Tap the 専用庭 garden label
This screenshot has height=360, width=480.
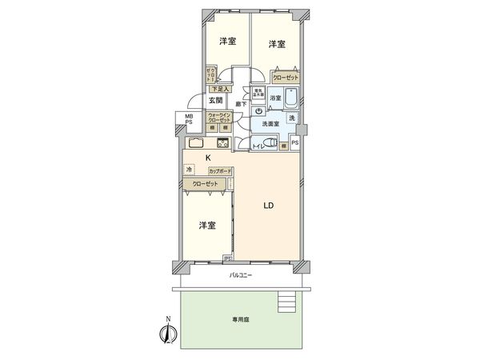242,318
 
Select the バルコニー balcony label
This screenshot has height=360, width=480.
241,275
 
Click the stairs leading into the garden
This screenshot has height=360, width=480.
285,302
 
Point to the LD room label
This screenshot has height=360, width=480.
270,205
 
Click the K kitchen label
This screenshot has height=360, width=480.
208,158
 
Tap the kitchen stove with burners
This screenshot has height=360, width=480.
222,143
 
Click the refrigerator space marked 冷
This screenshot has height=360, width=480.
189,170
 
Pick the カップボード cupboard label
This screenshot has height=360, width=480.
220,171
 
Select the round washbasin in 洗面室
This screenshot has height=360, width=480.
261,110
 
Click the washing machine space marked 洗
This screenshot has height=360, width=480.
292,118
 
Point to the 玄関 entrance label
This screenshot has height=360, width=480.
216,101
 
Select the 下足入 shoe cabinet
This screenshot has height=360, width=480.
219,89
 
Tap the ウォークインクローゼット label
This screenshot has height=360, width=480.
219,117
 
